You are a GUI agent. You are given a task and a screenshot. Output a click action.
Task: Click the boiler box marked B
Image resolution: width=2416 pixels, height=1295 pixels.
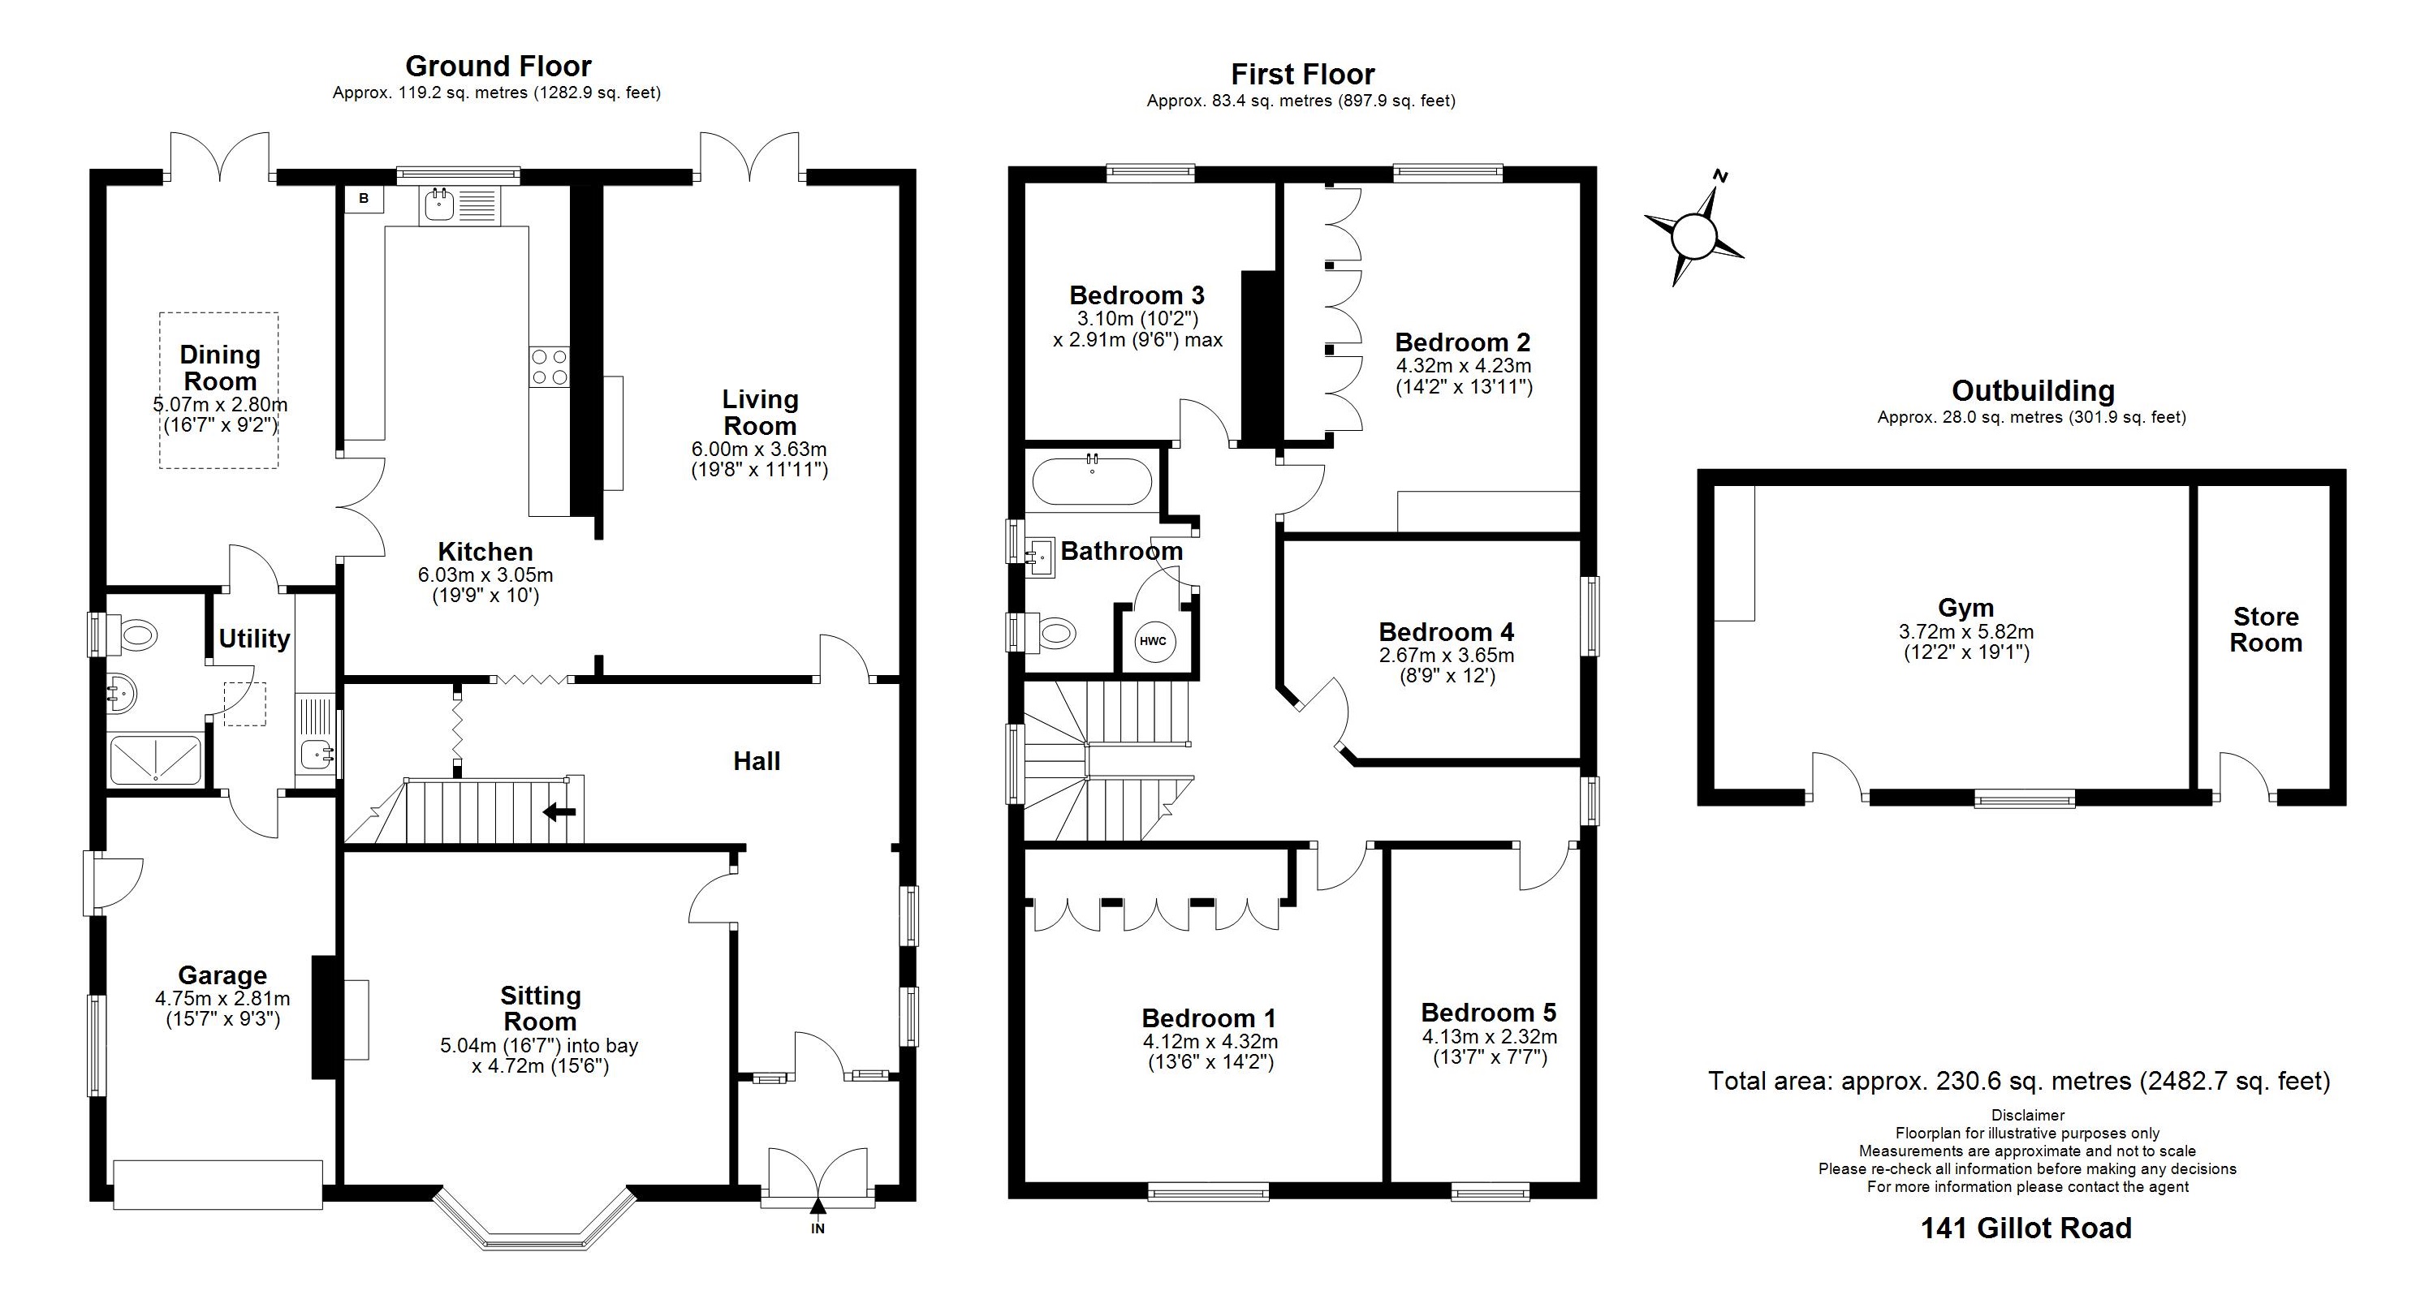pos(364,199)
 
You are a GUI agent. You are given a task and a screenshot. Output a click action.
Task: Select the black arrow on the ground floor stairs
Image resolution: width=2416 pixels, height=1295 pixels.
pos(561,812)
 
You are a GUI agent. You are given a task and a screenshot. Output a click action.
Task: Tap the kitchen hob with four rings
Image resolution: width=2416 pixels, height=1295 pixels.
pos(549,367)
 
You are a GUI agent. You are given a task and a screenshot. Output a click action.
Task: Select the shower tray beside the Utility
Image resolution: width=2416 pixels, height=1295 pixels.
pos(156,760)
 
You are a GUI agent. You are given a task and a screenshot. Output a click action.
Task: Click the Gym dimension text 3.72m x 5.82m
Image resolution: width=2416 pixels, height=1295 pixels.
pos(1965,632)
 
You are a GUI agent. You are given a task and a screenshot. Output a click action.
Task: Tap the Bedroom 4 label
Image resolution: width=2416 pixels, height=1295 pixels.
pos(1445,632)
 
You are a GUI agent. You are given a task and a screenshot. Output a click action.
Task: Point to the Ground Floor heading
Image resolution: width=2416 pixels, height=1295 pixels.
pos(498,66)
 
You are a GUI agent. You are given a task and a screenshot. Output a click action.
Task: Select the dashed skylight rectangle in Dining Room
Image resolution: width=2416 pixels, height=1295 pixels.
pos(218,390)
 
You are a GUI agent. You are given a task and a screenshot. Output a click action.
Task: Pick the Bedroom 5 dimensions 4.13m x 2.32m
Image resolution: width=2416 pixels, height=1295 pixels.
pos(1490,1037)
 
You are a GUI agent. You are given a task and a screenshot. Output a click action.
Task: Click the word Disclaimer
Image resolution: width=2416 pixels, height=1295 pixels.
pos(2028,1115)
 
